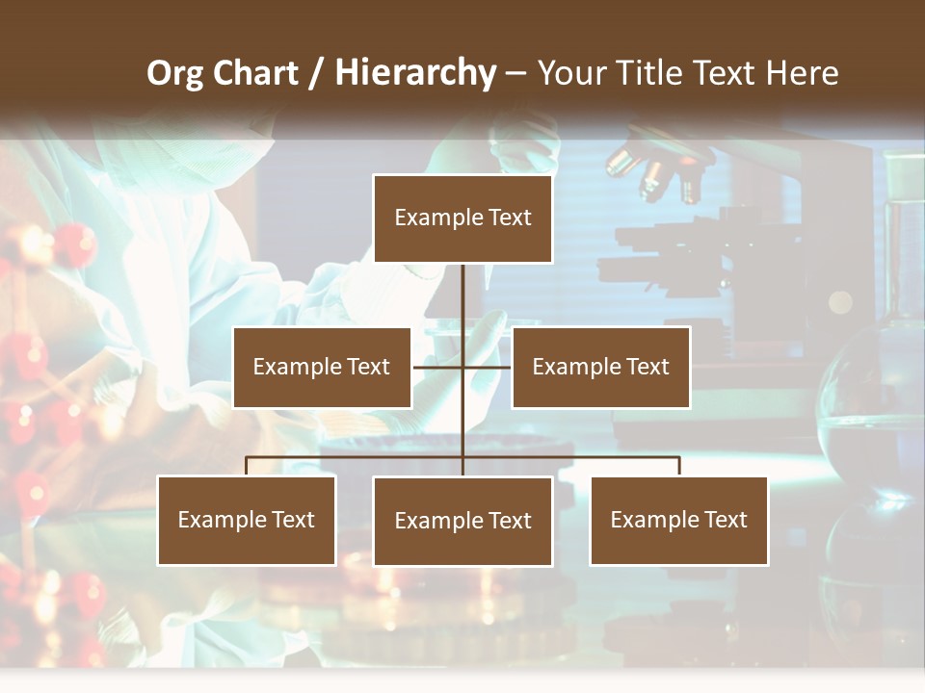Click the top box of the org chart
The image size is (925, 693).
point(462,218)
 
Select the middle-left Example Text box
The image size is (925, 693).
point(322,367)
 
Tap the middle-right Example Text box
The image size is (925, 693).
point(600,367)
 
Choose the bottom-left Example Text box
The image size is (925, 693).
point(247,520)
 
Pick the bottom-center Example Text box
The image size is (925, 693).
point(462,521)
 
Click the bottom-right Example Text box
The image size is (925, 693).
point(678,520)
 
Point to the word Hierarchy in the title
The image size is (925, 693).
point(415,73)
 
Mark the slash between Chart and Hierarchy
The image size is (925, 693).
point(317,74)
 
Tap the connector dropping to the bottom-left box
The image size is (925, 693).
point(247,466)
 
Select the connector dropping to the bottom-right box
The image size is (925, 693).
point(679,466)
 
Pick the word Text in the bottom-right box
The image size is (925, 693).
point(725,520)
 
